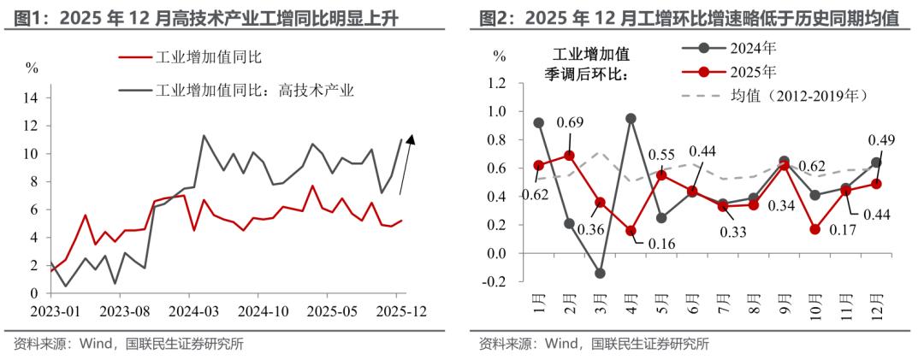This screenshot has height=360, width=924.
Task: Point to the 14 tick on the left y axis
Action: pyautogui.click(x=32, y=98)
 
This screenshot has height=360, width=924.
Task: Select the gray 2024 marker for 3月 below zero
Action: pyautogui.click(x=600, y=274)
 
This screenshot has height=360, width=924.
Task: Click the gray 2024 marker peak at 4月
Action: pyautogui.click(x=631, y=119)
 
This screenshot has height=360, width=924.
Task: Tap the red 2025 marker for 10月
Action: pyautogui.click(x=815, y=229)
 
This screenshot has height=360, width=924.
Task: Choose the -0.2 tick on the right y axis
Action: pyautogui.click(x=495, y=282)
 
